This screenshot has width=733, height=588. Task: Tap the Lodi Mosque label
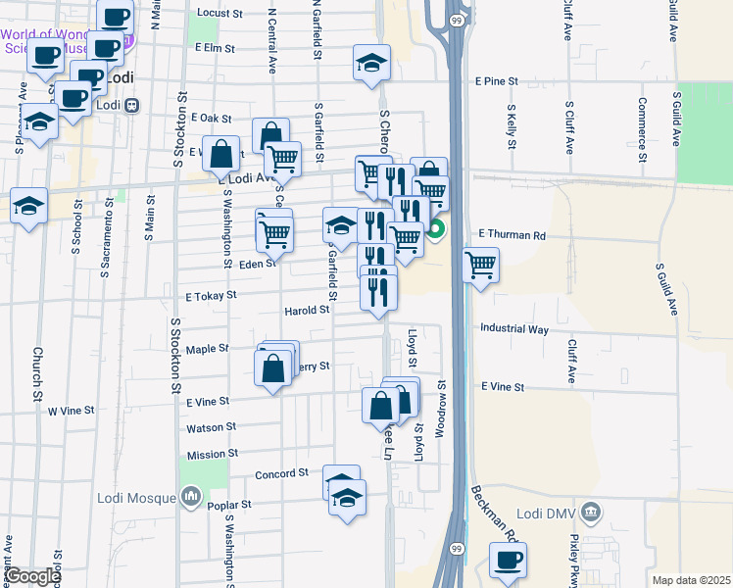[136, 498]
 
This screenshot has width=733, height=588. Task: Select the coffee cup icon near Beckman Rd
[508, 560]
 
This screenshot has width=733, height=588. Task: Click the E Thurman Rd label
[512, 235]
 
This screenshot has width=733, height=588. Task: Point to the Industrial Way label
[513, 330]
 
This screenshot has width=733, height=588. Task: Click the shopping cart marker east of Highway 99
[480, 265]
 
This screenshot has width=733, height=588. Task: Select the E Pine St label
[499, 82]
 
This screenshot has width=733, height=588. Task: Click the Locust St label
[220, 14]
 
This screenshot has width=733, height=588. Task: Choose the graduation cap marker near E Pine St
[371, 64]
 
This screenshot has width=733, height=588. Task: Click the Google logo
[31, 576]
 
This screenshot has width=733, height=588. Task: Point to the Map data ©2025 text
[691, 580]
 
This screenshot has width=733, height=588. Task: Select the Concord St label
[281, 474]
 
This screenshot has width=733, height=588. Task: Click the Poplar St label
[232, 504]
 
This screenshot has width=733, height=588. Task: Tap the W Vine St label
[72, 411]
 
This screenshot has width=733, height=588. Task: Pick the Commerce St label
[642, 129]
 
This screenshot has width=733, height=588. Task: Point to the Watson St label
[212, 427]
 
